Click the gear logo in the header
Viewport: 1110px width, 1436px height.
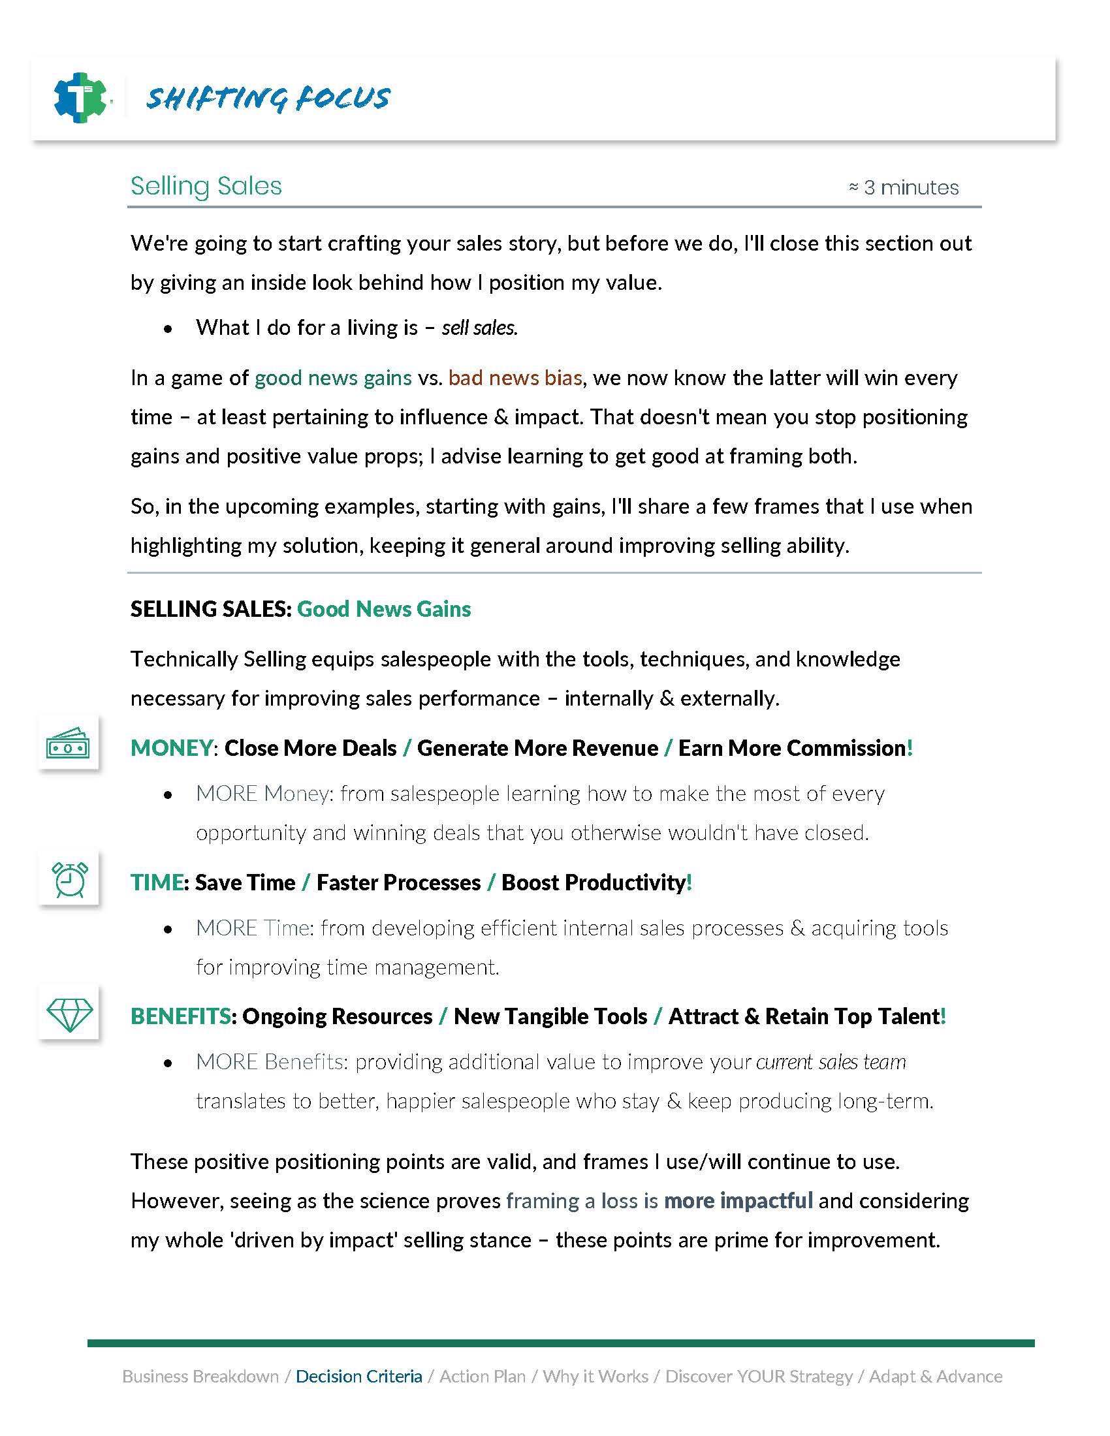pos(80,98)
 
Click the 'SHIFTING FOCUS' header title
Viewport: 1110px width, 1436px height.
pos(268,98)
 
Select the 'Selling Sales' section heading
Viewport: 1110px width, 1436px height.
pos(206,186)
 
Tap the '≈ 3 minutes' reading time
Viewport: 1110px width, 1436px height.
pos(904,188)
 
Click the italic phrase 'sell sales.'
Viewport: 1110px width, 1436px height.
pos(479,328)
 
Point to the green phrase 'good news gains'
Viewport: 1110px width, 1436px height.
pos(333,378)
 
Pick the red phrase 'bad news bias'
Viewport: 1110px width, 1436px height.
pos(515,378)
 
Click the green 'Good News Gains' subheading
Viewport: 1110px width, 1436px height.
pos(384,609)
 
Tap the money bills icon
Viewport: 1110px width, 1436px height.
pos(68,743)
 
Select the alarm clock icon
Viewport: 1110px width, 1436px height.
pos(69,879)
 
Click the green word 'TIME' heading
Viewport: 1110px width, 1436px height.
pos(157,882)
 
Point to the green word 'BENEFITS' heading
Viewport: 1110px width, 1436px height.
pos(181,1016)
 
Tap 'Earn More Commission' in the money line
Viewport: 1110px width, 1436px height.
pos(792,748)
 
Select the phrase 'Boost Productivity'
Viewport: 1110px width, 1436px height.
pos(594,882)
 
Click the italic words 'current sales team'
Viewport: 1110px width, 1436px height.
pos(831,1062)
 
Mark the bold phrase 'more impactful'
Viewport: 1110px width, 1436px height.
pos(738,1200)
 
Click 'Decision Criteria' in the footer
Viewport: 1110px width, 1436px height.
pos(359,1376)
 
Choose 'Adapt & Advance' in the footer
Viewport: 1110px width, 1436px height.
pos(935,1376)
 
